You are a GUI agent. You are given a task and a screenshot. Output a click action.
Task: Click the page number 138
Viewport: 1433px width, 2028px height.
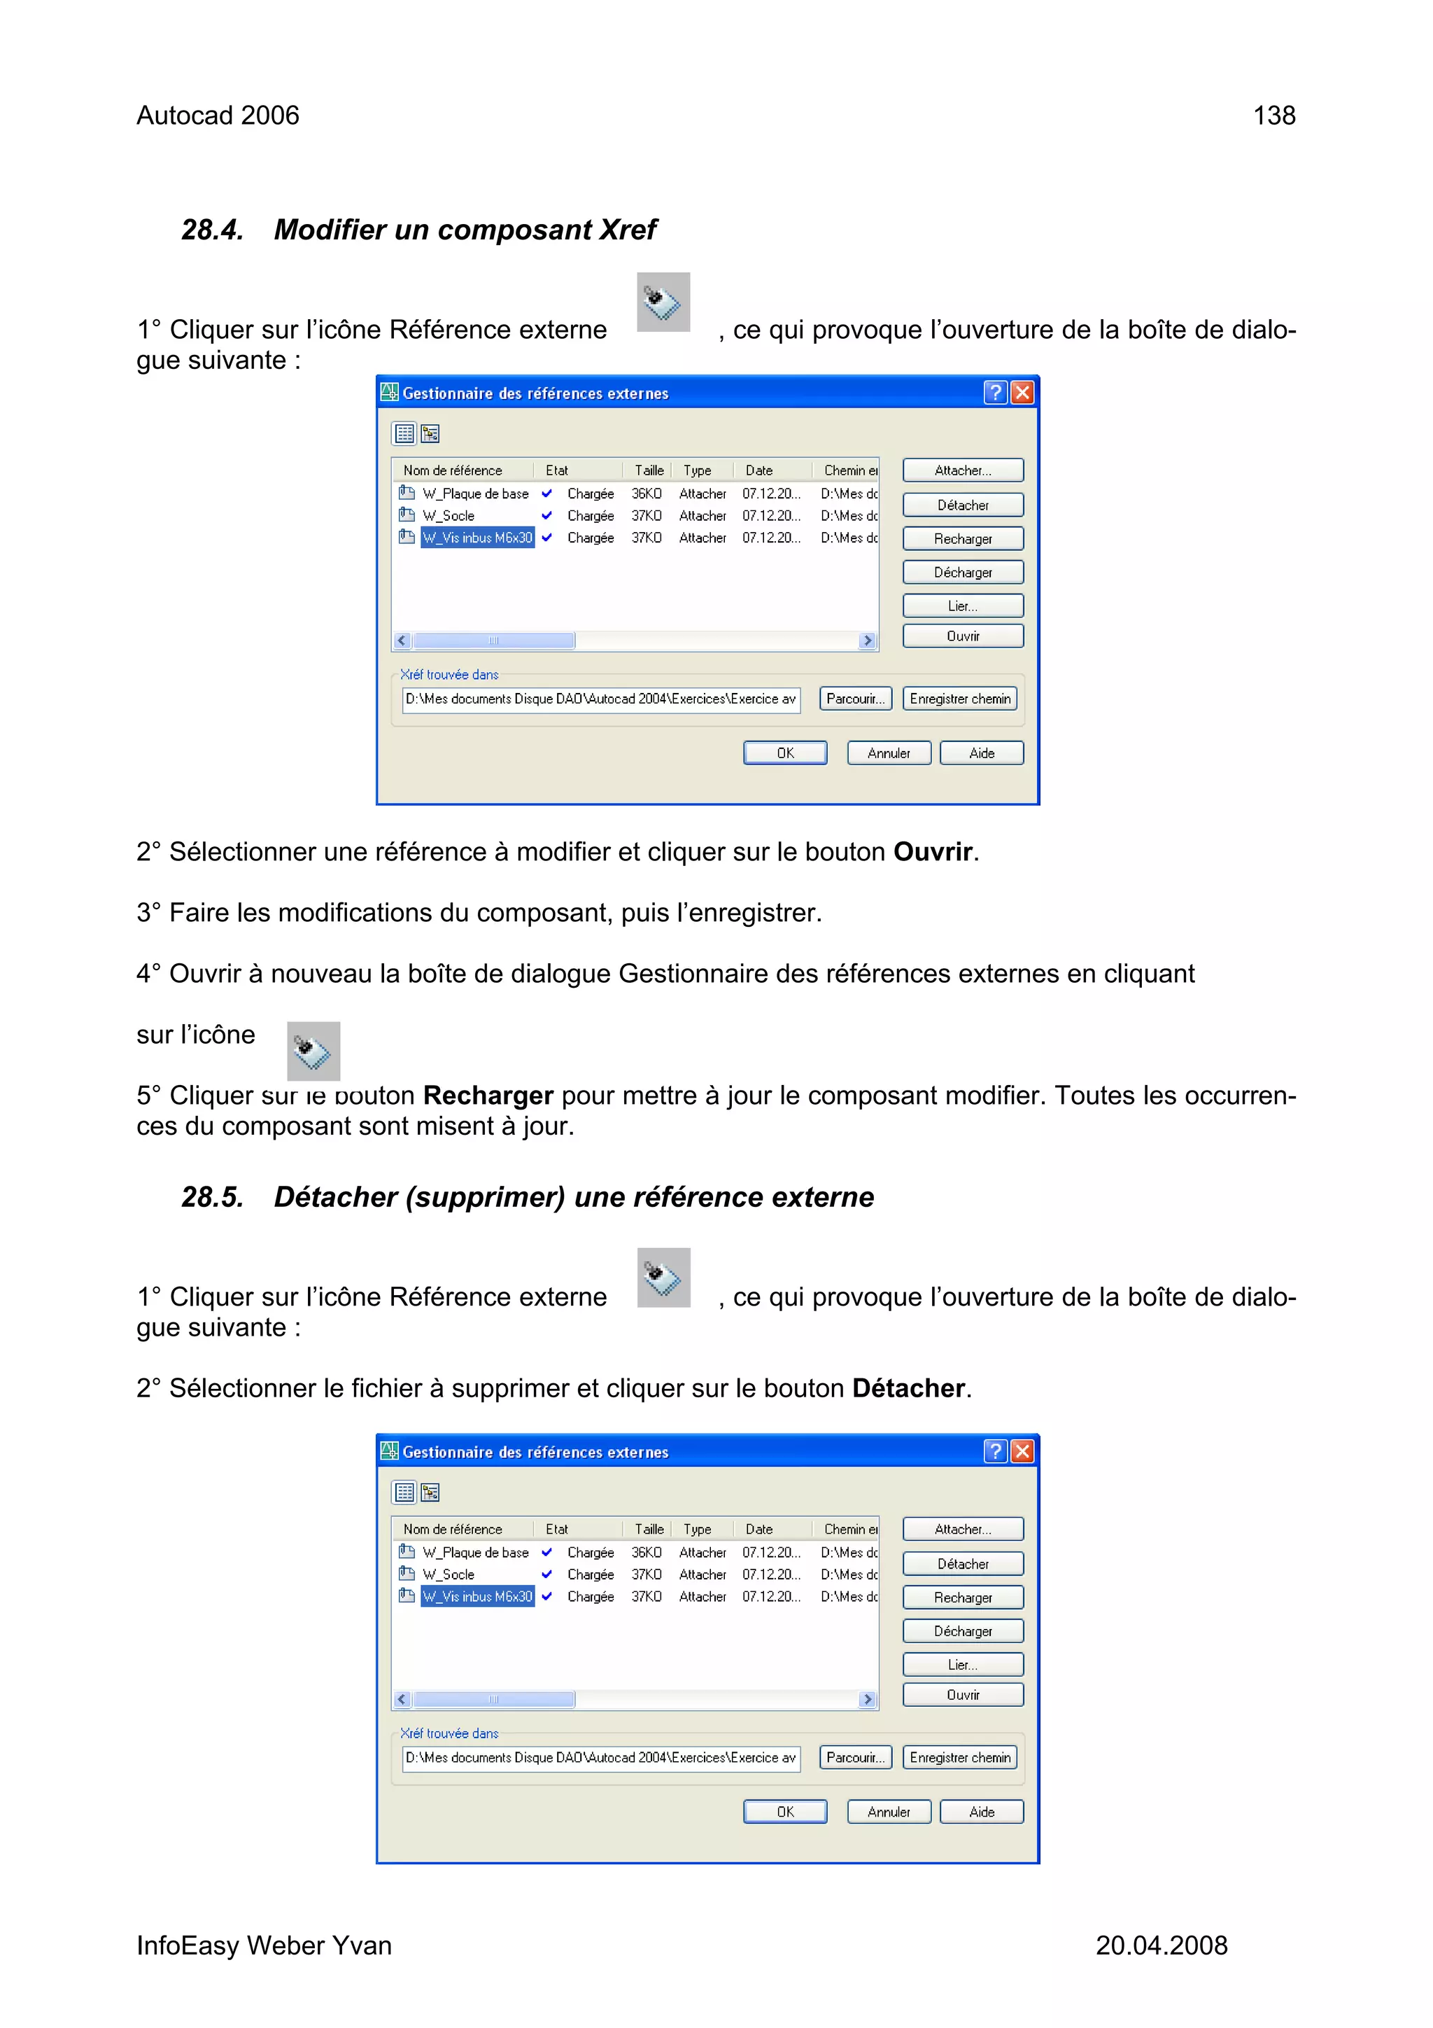[1273, 116]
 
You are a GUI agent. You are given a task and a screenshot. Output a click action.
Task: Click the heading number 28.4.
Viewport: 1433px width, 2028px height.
[212, 230]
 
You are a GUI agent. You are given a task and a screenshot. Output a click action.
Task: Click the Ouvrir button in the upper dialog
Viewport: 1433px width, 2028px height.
[962, 636]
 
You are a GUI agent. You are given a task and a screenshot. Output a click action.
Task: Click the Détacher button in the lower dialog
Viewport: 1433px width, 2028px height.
[962, 1563]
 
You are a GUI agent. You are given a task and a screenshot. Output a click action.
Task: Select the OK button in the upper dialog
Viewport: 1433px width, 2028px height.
[785, 753]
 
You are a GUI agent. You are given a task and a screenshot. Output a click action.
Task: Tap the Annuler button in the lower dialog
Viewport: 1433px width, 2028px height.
[888, 1812]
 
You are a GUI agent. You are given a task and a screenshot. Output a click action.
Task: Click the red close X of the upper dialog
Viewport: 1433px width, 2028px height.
[1022, 392]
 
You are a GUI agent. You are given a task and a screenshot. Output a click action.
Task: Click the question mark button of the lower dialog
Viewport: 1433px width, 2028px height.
[995, 1451]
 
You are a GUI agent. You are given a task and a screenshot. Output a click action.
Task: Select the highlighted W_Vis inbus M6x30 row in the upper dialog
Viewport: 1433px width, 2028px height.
[477, 537]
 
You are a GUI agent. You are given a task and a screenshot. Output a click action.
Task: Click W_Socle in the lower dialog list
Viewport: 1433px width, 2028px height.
[449, 1574]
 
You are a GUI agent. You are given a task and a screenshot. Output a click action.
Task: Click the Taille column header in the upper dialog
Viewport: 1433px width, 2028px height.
[649, 470]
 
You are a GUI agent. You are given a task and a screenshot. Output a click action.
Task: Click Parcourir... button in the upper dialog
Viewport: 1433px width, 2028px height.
[854, 699]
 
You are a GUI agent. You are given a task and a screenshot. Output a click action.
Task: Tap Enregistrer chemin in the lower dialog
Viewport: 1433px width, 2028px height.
[960, 1758]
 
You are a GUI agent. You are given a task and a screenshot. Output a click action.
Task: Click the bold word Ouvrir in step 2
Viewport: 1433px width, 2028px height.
[933, 851]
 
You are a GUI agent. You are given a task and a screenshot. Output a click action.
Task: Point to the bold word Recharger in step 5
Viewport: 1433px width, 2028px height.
[488, 1096]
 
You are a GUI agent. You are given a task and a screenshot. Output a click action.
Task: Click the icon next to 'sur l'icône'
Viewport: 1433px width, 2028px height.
[313, 1051]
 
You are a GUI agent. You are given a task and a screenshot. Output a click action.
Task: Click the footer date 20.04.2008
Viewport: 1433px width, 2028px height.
[1161, 1945]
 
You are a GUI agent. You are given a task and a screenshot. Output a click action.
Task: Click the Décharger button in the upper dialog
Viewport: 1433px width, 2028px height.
[962, 573]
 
